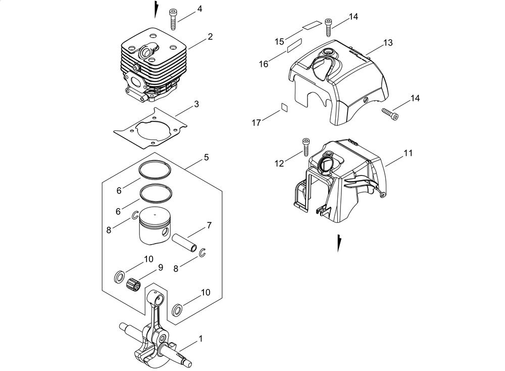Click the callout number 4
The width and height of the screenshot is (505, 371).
coord(199,9)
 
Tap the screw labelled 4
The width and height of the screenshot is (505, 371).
coord(173,19)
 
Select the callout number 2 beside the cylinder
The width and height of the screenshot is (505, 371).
coord(210,37)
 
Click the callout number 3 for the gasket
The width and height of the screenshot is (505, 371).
coord(196,104)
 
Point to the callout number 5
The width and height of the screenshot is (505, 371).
coord(206,157)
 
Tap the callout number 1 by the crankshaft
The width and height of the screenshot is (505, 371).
coord(200,339)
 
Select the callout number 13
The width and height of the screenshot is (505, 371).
coord(388,42)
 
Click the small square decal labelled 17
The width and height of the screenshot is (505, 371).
coord(284,107)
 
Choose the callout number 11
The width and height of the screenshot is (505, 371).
coord(408,153)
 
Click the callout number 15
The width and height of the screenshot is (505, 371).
coord(280,41)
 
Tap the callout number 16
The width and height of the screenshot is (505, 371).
coord(264,64)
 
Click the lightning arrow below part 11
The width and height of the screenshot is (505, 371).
coord(338,243)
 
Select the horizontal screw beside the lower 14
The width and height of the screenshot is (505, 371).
coord(390,113)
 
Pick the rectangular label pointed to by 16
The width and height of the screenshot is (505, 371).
coord(294,45)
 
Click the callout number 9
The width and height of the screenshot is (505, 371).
coord(160,267)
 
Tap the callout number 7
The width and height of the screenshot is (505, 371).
coord(209,225)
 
